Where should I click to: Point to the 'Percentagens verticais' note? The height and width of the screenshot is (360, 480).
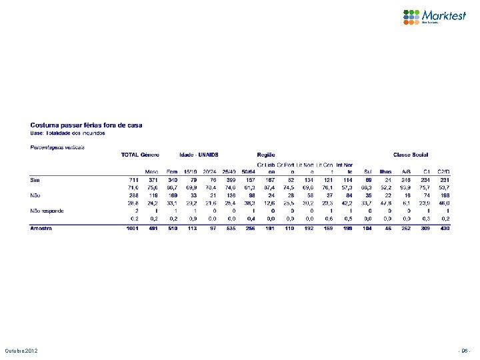pyautogui.click(x=57, y=146)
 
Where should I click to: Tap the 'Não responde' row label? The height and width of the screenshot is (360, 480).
pyautogui.click(x=47, y=211)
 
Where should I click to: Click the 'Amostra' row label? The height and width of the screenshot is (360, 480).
pyautogui.click(x=41, y=229)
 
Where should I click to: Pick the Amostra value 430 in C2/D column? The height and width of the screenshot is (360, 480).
pyautogui.click(x=445, y=229)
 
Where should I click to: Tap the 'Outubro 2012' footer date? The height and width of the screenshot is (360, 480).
pyautogui.click(x=23, y=351)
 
